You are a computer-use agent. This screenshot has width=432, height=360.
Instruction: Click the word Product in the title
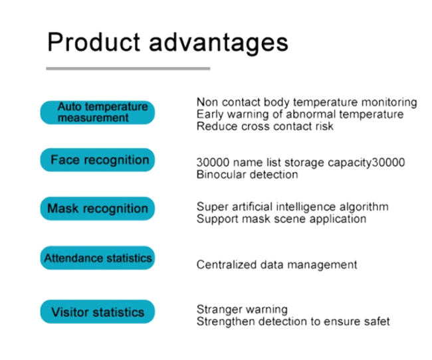coord(94,42)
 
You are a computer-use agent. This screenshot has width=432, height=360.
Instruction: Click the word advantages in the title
coord(219,44)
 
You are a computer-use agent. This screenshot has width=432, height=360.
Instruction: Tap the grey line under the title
coord(128,68)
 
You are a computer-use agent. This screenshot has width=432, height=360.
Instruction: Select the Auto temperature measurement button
coord(98,112)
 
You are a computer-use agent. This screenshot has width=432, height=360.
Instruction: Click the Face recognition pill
coord(98,160)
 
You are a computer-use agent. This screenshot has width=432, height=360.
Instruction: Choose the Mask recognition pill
coord(98,209)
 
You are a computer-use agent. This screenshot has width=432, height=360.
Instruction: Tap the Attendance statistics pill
coord(98,258)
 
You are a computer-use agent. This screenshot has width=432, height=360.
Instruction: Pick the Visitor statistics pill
coord(98,312)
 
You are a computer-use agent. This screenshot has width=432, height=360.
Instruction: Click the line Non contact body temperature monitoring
coord(306,102)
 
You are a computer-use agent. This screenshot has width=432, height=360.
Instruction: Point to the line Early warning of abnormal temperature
coord(300,114)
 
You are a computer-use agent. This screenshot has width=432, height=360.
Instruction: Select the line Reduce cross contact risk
coord(265,126)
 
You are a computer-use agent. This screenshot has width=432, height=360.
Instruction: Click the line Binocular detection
coord(247,174)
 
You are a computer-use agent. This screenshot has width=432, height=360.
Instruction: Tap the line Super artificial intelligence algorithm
coord(292,207)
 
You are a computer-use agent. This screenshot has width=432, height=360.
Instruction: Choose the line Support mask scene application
coord(281,219)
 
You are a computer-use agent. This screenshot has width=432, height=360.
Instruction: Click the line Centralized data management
coord(277,265)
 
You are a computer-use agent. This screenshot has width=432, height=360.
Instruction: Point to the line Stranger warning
coord(242,310)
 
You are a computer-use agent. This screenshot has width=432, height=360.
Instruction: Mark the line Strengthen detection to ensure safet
coord(293,321)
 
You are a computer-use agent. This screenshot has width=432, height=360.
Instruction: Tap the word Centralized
coord(227,265)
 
